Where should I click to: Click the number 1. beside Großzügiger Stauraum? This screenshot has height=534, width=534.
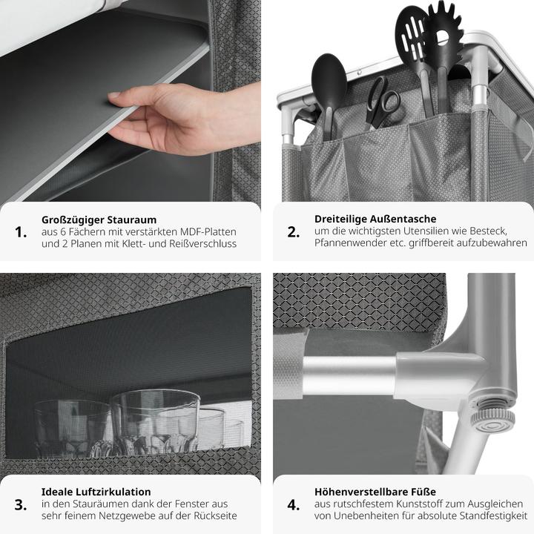[21, 232]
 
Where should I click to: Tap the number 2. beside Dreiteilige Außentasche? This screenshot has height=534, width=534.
[294, 232]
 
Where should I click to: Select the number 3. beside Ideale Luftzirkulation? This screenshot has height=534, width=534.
[21, 505]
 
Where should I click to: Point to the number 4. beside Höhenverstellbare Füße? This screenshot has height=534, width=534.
[294, 505]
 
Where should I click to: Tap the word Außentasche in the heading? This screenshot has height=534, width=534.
[403, 219]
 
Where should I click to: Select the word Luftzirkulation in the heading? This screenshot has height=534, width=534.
[113, 492]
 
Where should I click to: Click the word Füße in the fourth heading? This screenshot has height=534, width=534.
[423, 492]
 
